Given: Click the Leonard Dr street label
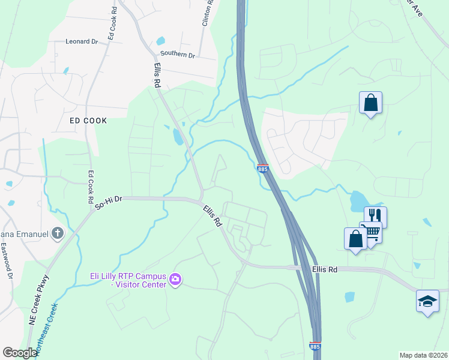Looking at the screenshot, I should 82,42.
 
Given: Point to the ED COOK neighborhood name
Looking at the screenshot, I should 88,121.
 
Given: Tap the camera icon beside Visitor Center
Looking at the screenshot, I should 175,279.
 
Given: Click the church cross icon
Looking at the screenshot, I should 58,233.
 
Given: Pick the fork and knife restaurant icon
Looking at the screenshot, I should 375,216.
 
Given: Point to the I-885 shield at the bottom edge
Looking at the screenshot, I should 315,347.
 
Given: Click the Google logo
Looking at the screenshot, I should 20,353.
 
